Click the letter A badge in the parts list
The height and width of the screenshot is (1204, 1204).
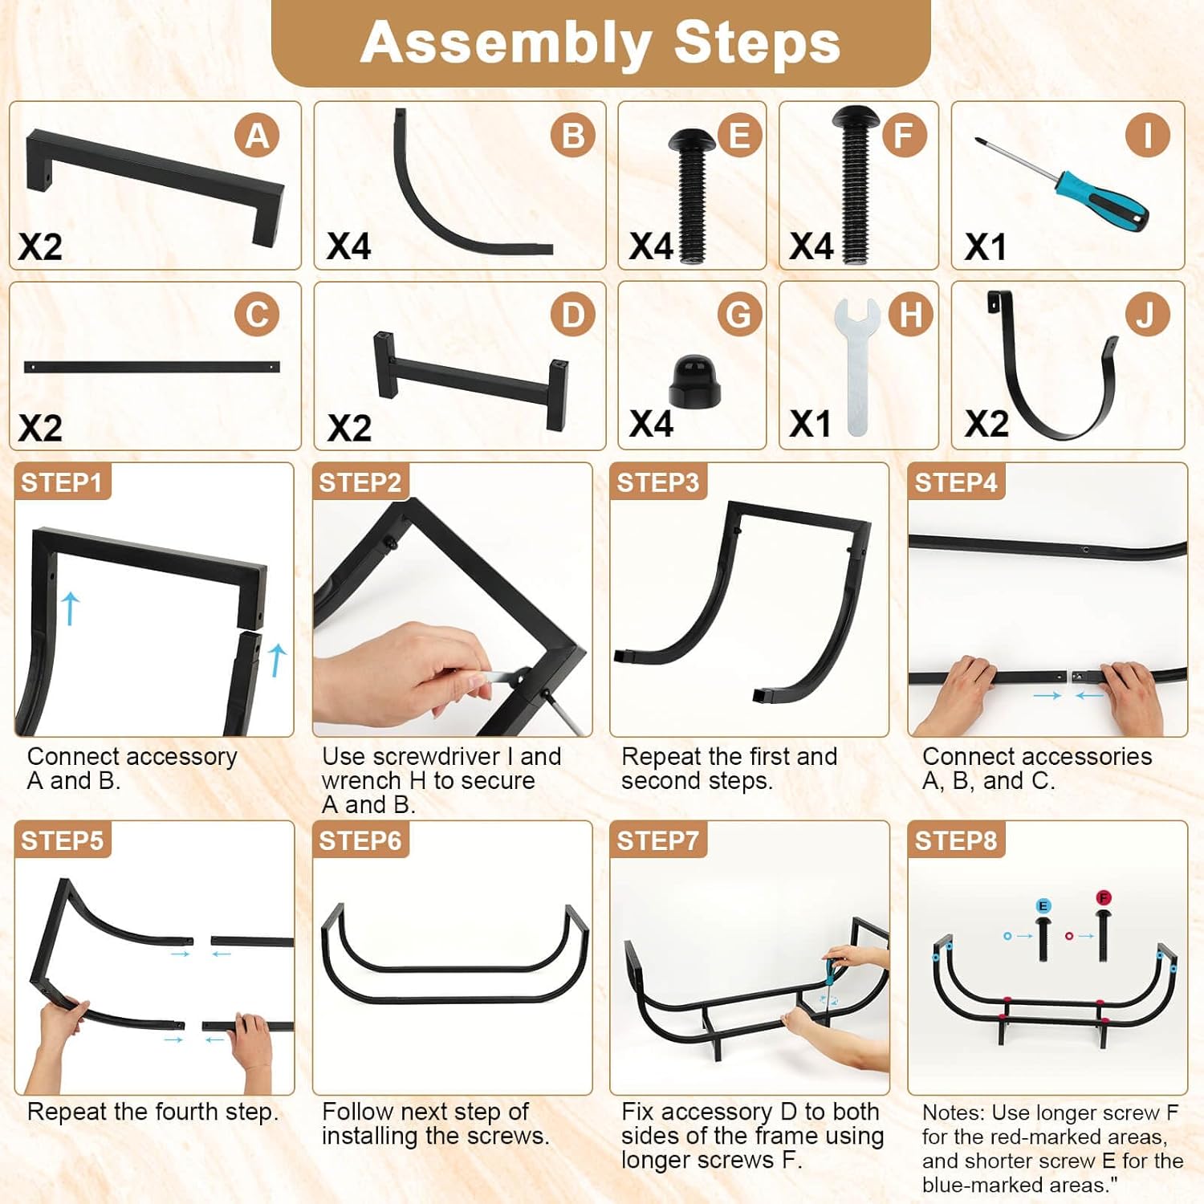tap(257, 136)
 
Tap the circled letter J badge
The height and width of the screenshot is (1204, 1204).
tap(1146, 315)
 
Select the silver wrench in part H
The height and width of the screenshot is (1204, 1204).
tap(856, 366)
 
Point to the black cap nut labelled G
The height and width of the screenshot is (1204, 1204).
tap(694, 380)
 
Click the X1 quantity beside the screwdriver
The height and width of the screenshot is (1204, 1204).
tap(986, 247)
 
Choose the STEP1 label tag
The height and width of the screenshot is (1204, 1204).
tap(62, 482)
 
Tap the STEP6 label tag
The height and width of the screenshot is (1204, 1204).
tap(360, 840)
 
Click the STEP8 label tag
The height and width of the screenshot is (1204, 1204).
tap(956, 840)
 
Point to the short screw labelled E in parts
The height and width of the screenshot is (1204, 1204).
tap(691, 196)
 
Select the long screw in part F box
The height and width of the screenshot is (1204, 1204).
tap(856, 185)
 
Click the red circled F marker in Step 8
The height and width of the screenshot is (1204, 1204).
tap(1104, 897)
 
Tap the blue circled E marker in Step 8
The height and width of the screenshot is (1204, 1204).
tap(1043, 906)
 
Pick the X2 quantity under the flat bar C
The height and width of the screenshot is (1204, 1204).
tap(40, 428)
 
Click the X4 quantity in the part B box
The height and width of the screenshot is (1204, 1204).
tap(349, 246)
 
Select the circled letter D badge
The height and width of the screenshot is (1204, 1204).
tap(573, 315)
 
